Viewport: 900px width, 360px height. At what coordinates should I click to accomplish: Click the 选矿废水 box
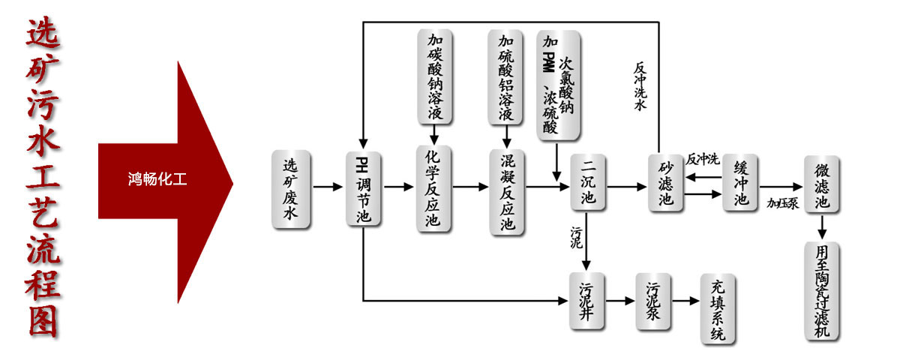point(291,189)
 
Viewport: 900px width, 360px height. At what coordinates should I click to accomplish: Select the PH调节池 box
point(362,189)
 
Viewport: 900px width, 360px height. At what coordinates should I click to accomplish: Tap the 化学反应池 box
point(434,189)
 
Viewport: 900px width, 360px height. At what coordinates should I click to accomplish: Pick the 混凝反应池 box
point(508,191)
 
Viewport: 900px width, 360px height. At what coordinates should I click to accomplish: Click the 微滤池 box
point(821,184)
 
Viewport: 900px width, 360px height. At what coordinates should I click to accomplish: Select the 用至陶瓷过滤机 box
point(822,289)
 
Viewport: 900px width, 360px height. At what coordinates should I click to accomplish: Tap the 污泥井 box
point(587,301)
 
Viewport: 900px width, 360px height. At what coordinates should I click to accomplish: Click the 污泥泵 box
point(652,301)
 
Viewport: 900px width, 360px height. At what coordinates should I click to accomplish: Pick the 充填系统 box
point(718,309)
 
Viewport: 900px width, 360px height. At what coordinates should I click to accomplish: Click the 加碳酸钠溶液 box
point(434,76)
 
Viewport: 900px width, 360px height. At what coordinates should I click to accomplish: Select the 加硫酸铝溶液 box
point(506,76)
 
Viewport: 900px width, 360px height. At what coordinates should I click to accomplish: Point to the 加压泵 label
point(781,202)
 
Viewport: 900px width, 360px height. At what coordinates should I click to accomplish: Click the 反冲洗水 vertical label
point(640,86)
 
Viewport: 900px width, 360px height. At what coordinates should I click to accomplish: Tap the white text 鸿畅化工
point(157,179)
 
